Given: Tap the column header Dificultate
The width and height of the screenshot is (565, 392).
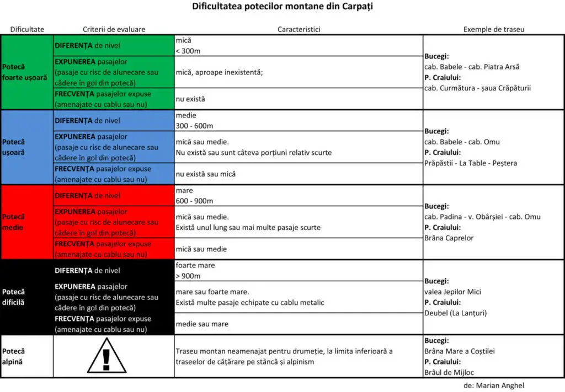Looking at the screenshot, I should coord(27,29).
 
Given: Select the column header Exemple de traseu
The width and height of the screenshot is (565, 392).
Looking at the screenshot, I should coord(493,29).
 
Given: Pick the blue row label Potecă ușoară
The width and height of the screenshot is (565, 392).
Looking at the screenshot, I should coord(14,147).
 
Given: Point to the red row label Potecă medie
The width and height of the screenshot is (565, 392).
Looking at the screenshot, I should coord(14,222).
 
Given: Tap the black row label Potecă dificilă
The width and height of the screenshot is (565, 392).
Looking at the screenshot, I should coord(14,297).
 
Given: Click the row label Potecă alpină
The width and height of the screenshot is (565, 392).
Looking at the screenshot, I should coord(14,356).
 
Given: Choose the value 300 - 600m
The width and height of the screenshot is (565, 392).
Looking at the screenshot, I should coord(194,126).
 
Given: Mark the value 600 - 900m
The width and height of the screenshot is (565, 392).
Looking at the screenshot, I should coord(194,201).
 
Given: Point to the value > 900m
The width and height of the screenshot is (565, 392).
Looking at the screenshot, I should coord(188,276).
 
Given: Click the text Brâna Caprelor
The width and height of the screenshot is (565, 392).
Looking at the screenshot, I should coord(449,238).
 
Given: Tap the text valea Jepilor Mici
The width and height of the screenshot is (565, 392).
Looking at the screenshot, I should coord(452,292).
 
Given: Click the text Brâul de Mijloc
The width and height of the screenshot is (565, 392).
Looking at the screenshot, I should coord(449,373).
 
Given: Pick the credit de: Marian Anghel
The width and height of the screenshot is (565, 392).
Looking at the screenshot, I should coord(494,386).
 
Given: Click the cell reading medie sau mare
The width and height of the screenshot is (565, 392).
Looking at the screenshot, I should coord(202,324).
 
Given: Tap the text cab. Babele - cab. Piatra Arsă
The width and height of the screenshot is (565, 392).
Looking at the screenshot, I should coord(472,67).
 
